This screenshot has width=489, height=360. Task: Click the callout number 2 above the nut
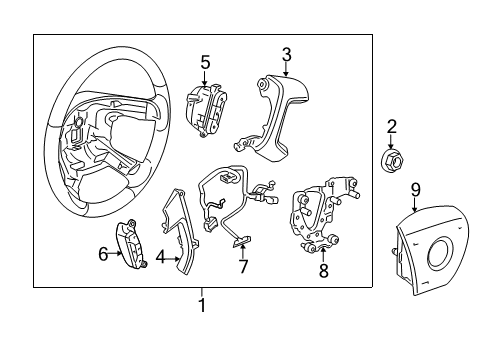(392, 126)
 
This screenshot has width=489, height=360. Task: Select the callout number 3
(286, 54)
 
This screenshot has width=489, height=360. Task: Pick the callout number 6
(102, 255)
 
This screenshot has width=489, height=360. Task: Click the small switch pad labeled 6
(134, 241)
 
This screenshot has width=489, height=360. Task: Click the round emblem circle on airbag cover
(443, 254)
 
